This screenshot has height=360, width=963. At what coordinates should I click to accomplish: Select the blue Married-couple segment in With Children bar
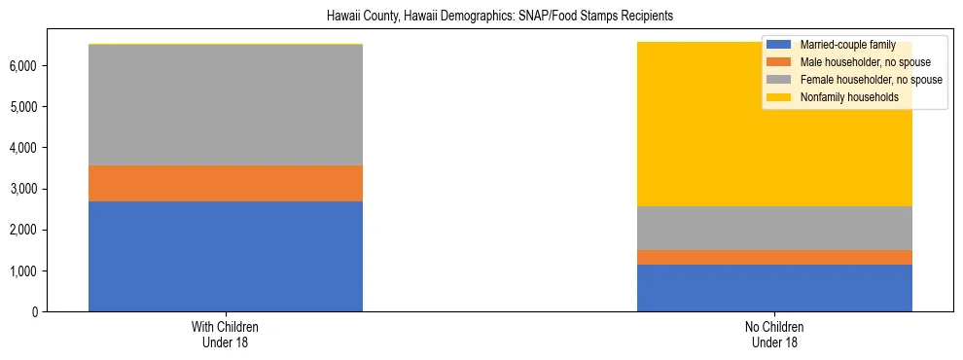point(226,256)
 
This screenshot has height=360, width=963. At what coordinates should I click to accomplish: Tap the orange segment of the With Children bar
point(226,183)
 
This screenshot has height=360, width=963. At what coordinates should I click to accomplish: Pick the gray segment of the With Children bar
point(226,105)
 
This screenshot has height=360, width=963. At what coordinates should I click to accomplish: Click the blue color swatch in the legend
point(779,45)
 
